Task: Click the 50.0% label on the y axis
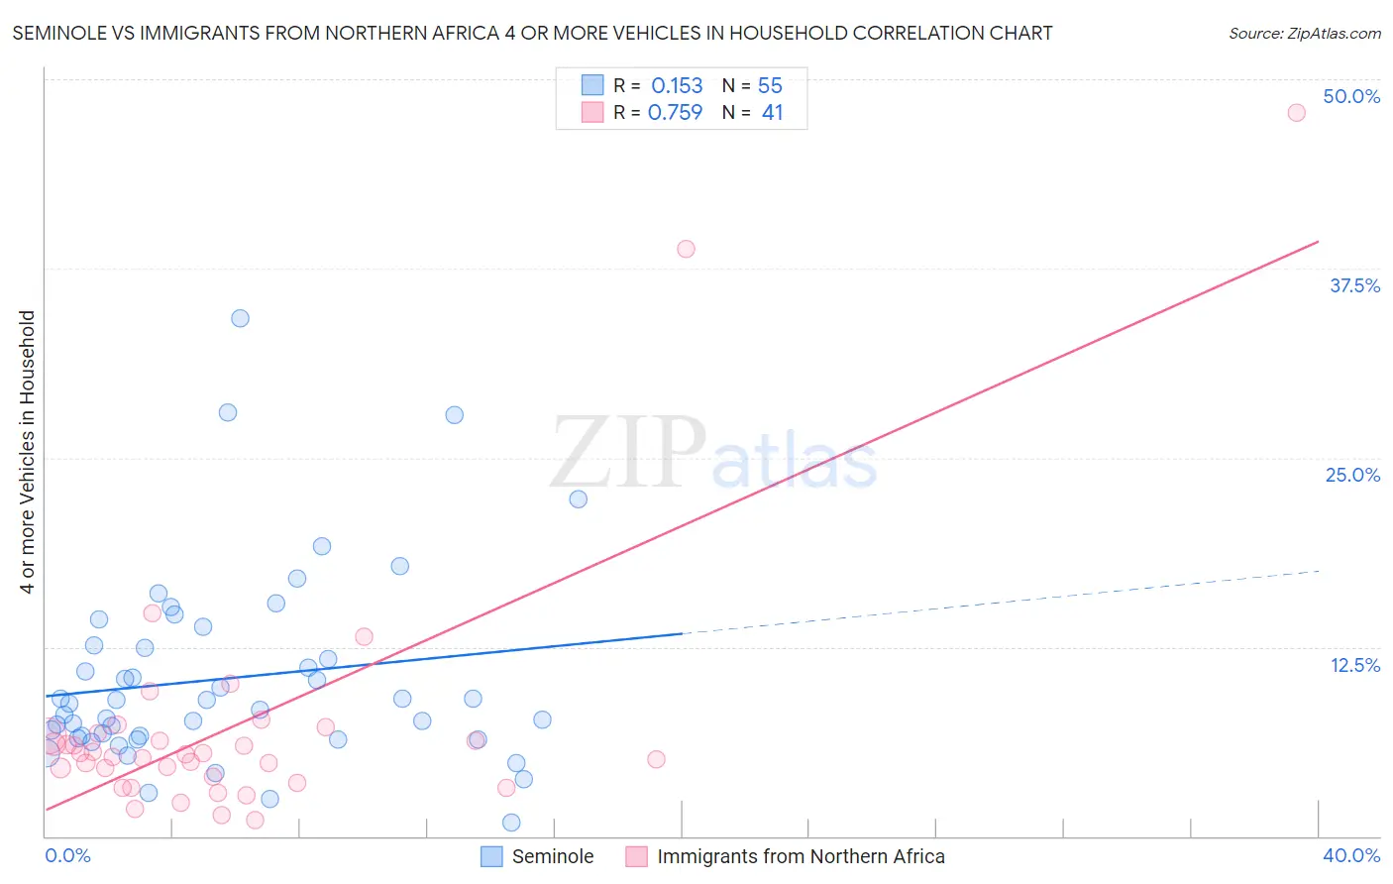(x=1351, y=96)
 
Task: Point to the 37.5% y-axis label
(x=1354, y=285)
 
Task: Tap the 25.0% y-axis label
(x=1352, y=475)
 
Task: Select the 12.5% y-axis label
(x=1354, y=665)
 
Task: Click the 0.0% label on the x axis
(x=67, y=855)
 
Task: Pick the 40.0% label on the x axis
(x=1350, y=855)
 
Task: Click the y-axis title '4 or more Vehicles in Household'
(x=28, y=452)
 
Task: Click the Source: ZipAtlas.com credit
(x=1304, y=33)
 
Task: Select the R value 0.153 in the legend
(x=677, y=86)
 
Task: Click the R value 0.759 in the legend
(x=675, y=113)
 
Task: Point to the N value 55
(x=770, y=86)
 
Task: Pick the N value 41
(x=772, y=113)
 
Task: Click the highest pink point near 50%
(x=1296, y=112)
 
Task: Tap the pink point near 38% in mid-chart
(x=686, y=249)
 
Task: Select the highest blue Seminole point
(x=240, y=318)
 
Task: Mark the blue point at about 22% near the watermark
(x=578, y=498)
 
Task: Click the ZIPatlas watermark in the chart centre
(x=713, y=454)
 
